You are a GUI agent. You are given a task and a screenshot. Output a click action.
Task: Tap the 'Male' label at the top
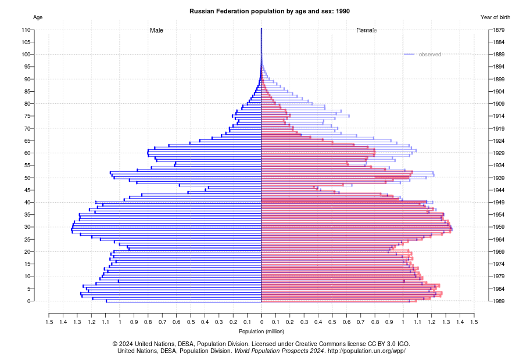(x=156, y=30)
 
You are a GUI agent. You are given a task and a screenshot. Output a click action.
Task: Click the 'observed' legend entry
(x=429, y=55)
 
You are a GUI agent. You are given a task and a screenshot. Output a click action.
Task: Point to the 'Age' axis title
(x=38, y=17)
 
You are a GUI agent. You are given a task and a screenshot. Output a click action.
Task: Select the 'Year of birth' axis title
(x=495, y=17)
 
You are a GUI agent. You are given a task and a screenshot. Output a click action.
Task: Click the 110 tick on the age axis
(x=26, y=30)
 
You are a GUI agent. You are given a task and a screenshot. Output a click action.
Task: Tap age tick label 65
(x=27, y=141)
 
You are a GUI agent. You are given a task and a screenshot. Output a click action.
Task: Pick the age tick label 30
(x=27, y=227)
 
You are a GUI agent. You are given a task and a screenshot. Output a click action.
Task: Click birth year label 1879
(x=497, y=30)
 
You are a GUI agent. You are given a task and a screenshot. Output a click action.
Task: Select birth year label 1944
(x=497, y=190)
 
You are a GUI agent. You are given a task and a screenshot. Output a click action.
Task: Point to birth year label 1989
(x=497, y=301)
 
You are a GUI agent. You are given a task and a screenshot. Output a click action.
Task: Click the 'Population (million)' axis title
(x=261, y=331)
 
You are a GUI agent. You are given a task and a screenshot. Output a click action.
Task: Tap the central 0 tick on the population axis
(x=261, y=322)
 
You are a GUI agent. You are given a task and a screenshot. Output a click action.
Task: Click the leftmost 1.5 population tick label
(x=49, y=322)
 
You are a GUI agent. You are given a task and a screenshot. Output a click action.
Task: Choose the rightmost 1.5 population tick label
(x=474, y=322)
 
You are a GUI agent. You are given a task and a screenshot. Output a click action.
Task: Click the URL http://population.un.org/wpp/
(x=367, y=351)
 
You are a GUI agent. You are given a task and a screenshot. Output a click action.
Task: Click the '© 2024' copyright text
(x=127, y=344)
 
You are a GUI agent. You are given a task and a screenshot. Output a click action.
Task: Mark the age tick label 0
(x=29, y=301)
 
